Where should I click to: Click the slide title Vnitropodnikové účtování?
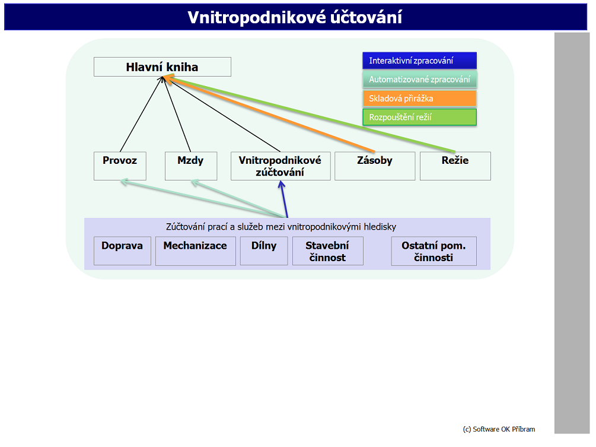295,17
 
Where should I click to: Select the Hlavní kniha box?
162,67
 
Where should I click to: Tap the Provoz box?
120,166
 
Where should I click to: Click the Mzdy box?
191,166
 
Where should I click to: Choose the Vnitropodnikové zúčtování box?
281,166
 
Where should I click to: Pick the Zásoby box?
375,166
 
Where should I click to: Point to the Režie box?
455,166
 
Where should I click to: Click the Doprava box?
122,251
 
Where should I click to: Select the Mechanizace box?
195,251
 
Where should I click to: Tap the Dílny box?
264,251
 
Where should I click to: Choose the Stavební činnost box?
327,251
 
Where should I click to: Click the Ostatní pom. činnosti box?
434,251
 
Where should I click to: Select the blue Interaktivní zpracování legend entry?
420,61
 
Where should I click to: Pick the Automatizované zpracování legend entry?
420,80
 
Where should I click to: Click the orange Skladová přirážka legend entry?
420,99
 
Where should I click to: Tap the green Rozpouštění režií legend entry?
420,117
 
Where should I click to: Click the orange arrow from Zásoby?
269,114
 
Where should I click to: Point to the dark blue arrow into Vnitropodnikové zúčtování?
283,199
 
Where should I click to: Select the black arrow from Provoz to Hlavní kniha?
141,114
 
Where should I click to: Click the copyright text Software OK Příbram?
499,429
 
